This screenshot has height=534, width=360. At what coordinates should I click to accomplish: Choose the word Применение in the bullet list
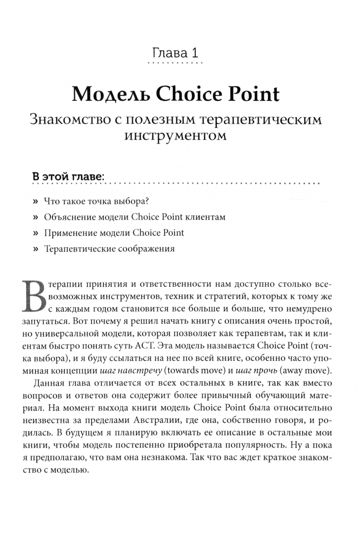click(x=68, y=233)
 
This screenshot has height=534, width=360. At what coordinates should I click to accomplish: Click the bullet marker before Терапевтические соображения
click(x=35, y=249)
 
